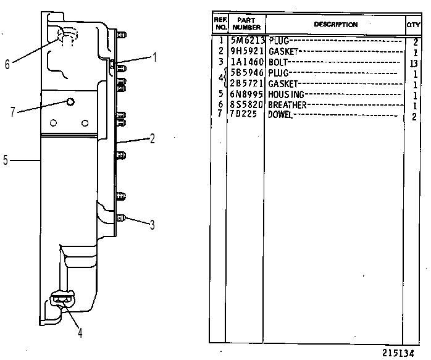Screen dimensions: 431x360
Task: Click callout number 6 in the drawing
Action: (x=7, y=64)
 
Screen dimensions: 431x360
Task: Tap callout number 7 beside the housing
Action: (x=12, y=112)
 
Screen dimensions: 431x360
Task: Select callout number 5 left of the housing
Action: (x=6, y=160)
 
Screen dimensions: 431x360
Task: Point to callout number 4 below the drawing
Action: (x=80, y=333)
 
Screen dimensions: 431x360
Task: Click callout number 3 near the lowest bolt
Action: (x=152, y=225)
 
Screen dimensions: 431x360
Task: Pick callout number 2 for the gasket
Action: (x=152, y=139)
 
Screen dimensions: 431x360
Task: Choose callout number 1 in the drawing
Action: (x=155, y=57)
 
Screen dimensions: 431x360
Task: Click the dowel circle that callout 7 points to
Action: (x=70, y=103)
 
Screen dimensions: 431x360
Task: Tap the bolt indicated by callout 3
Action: (x=120, y=219)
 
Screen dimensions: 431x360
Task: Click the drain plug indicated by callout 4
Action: (x=62, y=299)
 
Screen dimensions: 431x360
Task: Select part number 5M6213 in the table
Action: (x=248, y=41)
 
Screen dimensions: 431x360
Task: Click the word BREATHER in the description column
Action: (x=287, y=105)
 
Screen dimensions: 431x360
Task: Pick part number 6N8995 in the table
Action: (x=246, y=94)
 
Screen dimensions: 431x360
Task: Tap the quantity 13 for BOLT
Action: (x=414, y=64)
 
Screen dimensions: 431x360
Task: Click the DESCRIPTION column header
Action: (x=336, y=25)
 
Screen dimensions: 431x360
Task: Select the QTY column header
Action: (x=414, y=25)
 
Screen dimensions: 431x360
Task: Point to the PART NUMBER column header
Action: (x=246, y=23)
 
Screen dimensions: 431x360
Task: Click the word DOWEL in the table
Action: (x=280, y=114)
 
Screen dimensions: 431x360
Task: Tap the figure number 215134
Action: (x=398, y=353)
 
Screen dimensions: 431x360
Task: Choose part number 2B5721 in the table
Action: (x=246, y=83)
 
